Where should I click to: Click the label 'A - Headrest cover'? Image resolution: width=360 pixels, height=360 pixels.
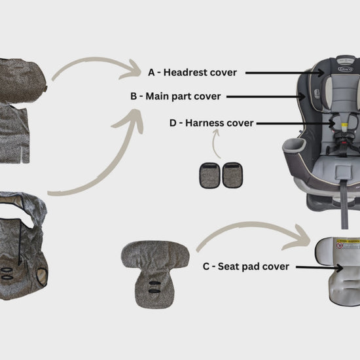[x=192, y=73]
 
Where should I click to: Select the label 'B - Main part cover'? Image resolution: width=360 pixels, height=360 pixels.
[x=175, y=96]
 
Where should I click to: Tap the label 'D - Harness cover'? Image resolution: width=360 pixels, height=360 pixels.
[x=211, y=123]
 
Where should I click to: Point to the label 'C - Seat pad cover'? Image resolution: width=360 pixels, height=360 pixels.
[x=246, y=266]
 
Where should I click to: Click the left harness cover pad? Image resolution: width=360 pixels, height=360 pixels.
[x=210, y=175]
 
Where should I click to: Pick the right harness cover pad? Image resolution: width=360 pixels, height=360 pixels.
[x=232, y=175]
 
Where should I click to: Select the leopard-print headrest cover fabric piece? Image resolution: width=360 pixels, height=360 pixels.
[x=22, y=80]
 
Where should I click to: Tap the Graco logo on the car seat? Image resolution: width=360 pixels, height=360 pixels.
[x=345, y=69]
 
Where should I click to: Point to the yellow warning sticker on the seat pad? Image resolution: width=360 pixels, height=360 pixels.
[x=348, y=242]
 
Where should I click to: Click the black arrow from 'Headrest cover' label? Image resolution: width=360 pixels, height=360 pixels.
[x=285, y=73]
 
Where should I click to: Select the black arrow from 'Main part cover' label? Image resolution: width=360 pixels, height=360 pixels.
[x=266, y=97]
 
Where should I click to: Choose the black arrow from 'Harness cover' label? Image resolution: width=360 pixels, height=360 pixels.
[x=296, y=124]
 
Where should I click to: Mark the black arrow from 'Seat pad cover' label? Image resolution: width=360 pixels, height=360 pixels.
[x=319, y=267]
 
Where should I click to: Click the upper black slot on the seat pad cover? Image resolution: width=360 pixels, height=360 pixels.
[x=154, y=283]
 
